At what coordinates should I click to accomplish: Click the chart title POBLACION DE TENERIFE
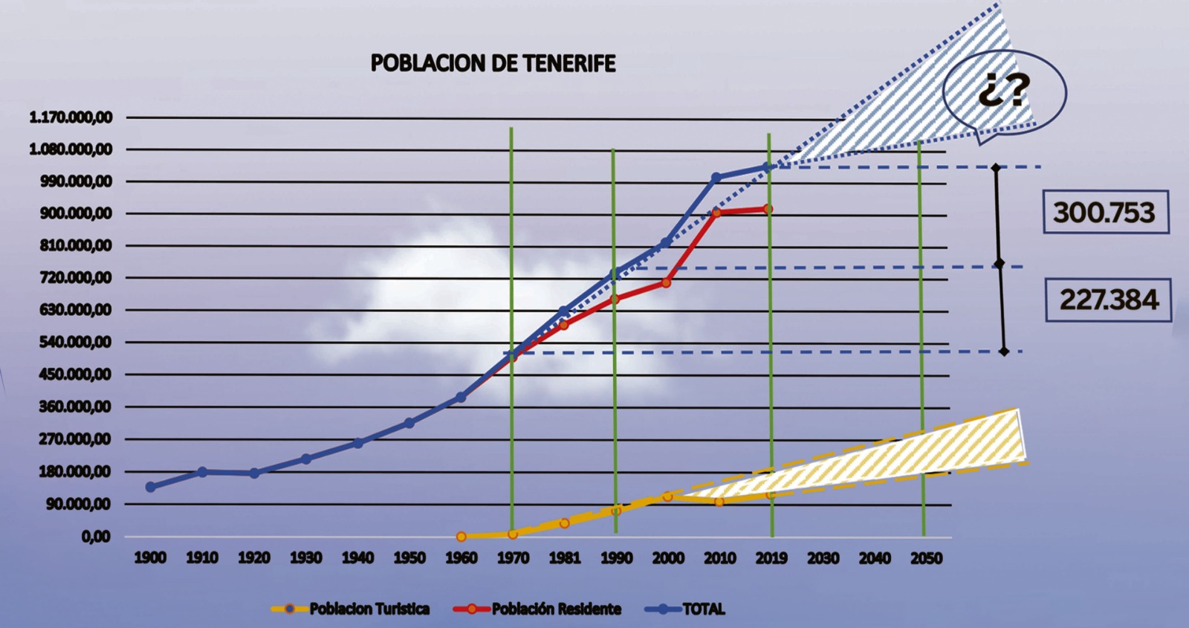click(x=493, y=63)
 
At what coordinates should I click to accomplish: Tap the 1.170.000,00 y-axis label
click(x=71, y=117)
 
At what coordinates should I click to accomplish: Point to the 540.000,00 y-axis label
click(x=75, y=342)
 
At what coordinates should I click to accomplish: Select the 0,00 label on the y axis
click(x=96, y=537)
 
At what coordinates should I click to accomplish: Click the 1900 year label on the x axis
click(x=150, y=558)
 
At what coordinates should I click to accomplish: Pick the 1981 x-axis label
click(x=565, y=558)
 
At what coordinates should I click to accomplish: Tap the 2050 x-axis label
click(x=927, y=558)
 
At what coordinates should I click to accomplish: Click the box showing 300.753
click(x=1106, y=212)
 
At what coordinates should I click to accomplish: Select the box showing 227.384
click(x=1108, y=300)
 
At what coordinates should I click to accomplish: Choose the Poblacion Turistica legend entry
click(x=350, y=609)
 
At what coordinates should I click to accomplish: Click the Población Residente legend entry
click(x=537, y=609)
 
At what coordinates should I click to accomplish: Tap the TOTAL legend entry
click(x=684, y=609)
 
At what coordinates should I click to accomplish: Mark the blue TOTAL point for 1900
click(x=150, y=487)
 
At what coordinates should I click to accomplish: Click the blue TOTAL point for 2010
click(x=716, y=178)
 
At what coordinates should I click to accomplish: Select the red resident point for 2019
click(x=768, y=209)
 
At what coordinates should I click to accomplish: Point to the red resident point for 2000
click(x=666, y=283)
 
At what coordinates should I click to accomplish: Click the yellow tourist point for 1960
click(x=461, y=537)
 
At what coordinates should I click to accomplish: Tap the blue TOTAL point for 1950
click(x=409, y=423)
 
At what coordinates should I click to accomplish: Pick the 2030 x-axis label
click(x=823, y=558)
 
